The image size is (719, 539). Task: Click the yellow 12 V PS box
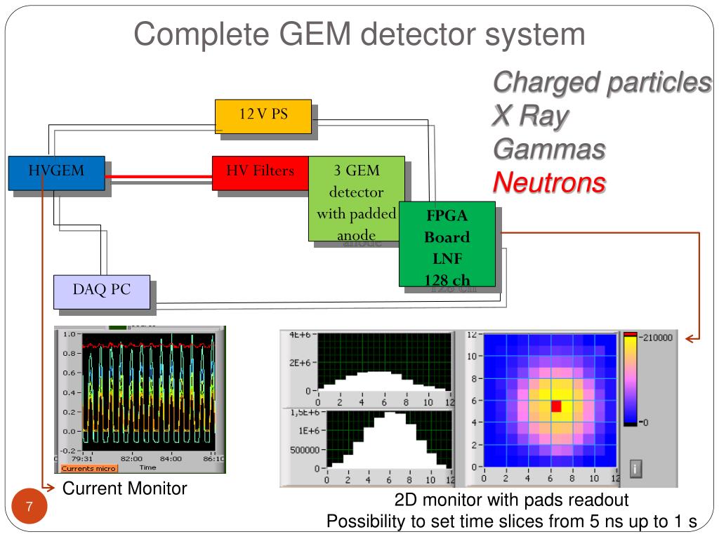click(x=263, y=116)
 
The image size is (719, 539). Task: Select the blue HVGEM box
click(x=56, y=173)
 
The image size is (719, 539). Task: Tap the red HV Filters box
click(x=260, y=173)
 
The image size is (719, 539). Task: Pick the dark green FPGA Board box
click(x=447, y=244)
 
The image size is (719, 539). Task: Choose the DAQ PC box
click(x=102, y=291)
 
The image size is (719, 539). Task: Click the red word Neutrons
click(x=548, y=183)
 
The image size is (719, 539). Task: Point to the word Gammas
click(x=548, y=149)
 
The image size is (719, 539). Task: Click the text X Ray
click(x=529, y=116)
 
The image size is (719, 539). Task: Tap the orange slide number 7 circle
click(x=29, y=507)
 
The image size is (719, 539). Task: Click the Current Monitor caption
click(x=125, y=488)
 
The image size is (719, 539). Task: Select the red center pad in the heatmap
click(x=556, y=406)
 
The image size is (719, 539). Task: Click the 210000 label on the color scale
click(x=656, y=338)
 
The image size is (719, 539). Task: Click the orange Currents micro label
click(x=89, y=467)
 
